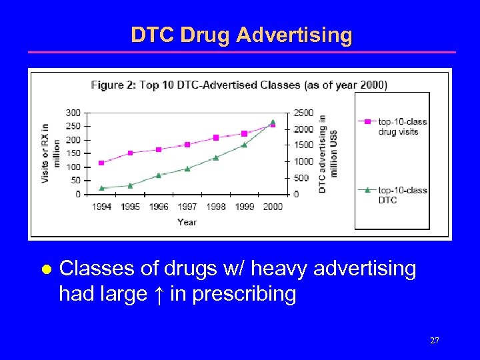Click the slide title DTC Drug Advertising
click(x=241, y=35)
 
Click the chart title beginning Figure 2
click(x=239, y=85)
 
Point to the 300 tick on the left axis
click(x=73, y=113)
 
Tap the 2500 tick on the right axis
click(x=303, y=113)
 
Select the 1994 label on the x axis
click(x=101, y=207)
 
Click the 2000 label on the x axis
click(x=273, y=207)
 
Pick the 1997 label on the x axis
click(x=187, y=207)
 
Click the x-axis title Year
click(x=187, y=222)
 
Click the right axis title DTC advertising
click(x=327, y=153)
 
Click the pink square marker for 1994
click(x=101, y=163)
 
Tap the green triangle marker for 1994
click(x=101, y=188)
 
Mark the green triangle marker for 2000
click(x=273, y=122)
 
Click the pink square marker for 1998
click(x=216, y=138)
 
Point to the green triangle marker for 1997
click(x=187, y=169)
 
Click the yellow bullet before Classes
click(x=46, y=270)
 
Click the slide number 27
click(x=434, y=341)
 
